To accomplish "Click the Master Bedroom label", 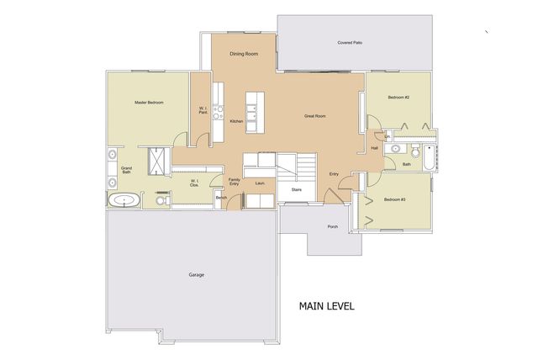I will pos(149,103).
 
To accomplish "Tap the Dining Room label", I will pos(244,54).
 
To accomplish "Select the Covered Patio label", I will pos(350,42).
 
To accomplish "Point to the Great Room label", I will pos(315,116).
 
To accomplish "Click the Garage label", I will pos(196,274).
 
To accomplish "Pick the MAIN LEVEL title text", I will pos(326,306).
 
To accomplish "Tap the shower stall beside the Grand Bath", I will pos(156,159).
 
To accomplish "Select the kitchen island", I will pos(251,108).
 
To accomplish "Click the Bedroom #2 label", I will pos(398,98).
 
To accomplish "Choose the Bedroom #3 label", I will pos(395,199).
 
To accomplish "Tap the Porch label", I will pos(333,226).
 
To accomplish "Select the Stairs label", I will pos(296,189).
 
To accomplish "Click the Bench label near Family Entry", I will pos(221,198).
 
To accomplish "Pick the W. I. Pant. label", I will pos(203,109).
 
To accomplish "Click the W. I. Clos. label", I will pos(193,183).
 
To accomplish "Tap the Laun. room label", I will pos(261,182).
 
